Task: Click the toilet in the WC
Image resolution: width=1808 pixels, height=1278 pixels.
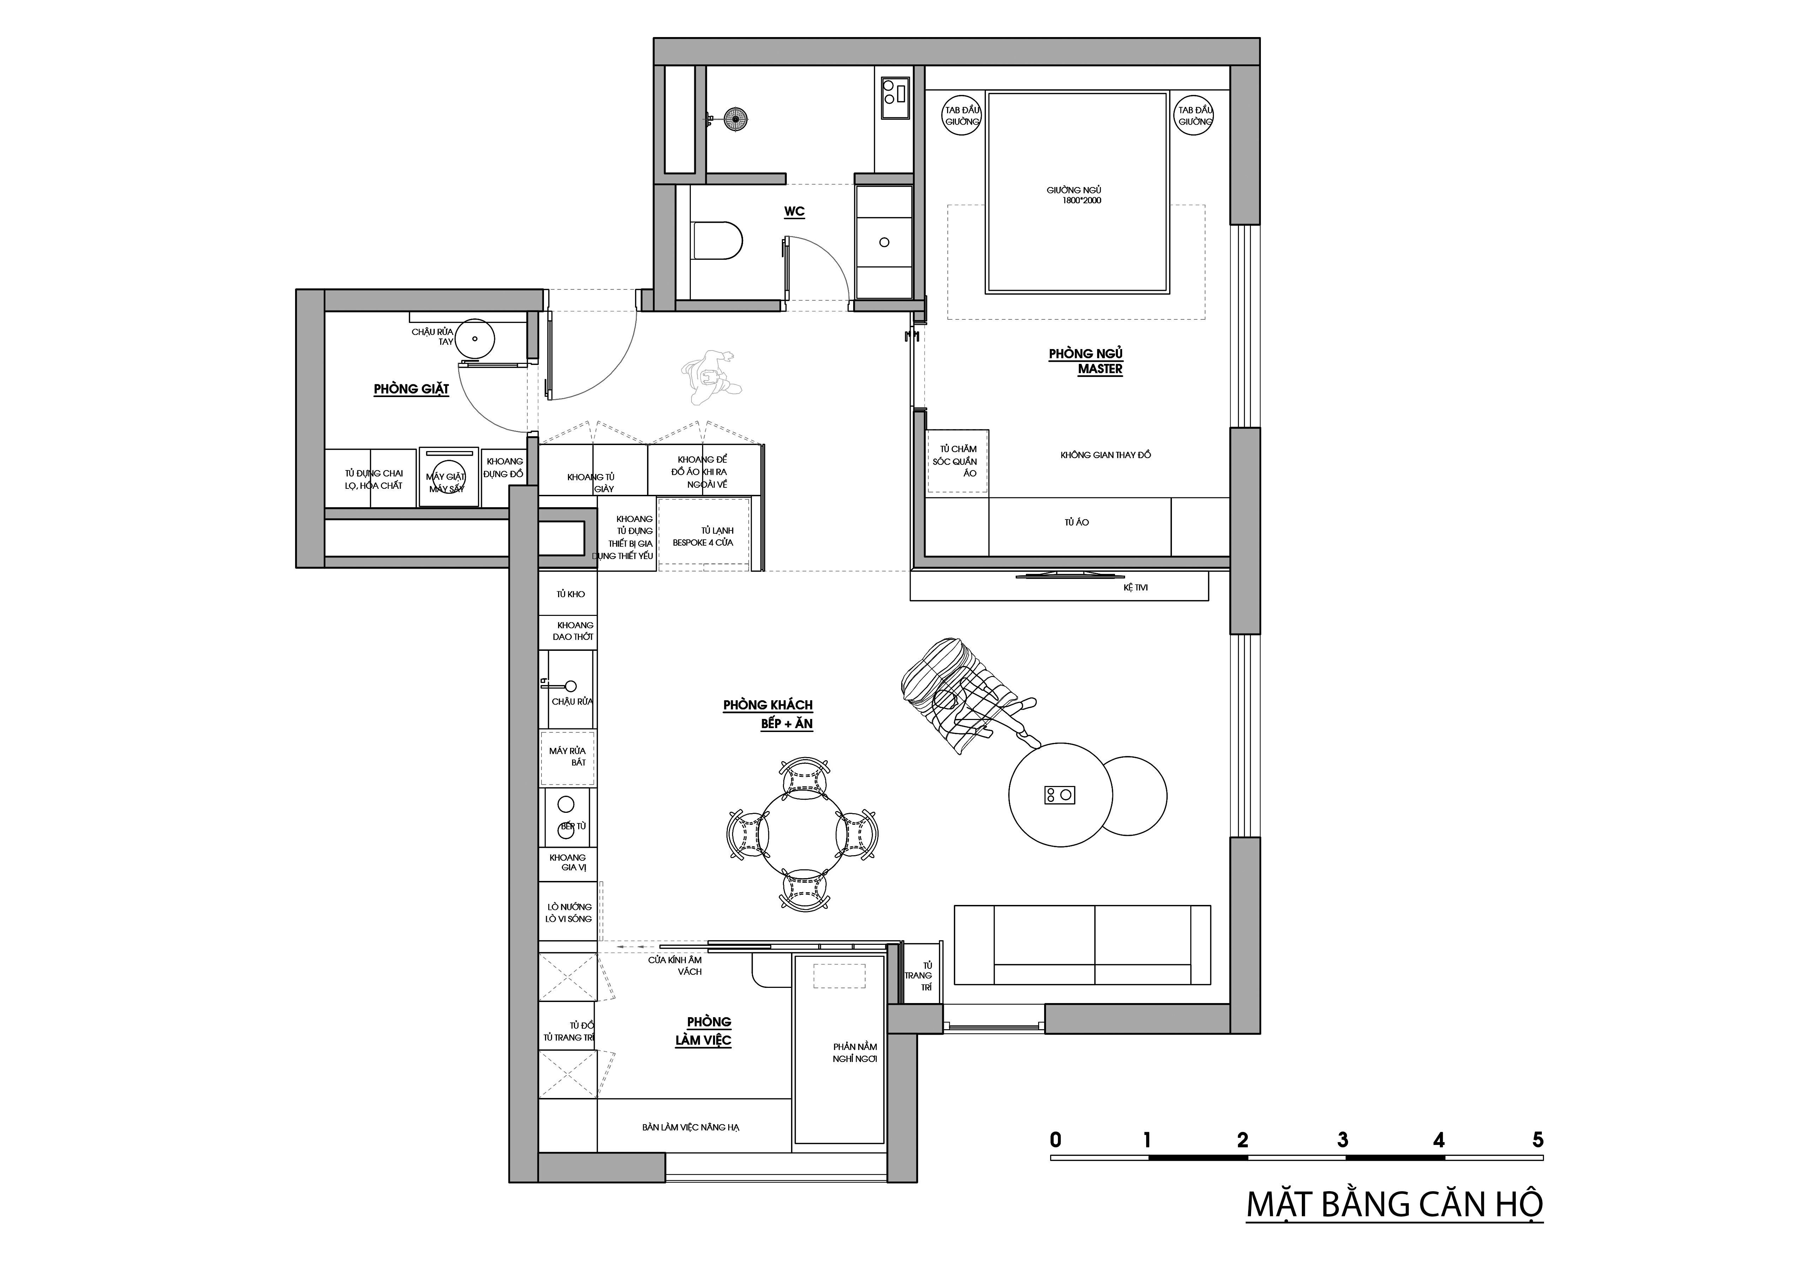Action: (x=717, y=241)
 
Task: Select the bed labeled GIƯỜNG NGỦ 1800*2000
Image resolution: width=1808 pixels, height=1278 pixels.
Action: (x=1077, y=193)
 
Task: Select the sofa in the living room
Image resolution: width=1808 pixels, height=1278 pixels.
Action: (x=1083, y=944)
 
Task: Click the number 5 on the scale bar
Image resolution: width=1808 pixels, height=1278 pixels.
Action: (x=1538, y=1139)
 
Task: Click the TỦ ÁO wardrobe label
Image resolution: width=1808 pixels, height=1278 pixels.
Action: (x=1077, y=522)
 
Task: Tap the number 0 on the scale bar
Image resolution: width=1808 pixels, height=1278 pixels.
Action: (x=1055, y=1139)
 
